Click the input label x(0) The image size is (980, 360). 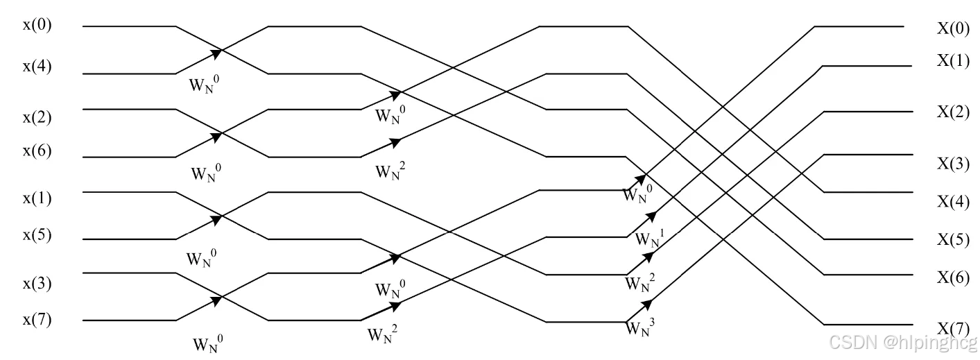[37, 26]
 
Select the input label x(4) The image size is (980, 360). [37, 67]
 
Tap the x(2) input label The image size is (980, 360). [37, 117]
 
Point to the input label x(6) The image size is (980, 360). [37, 151]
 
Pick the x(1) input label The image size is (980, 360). [37, 198]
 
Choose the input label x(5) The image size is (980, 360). [37, 235]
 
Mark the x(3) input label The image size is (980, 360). [37, 284]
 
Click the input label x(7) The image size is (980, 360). [37, 320]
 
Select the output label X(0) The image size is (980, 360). [953, 28]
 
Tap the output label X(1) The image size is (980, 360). [953, 60]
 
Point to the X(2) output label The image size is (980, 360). [953, 112]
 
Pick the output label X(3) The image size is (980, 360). [953, 164]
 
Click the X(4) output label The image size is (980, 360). [953, 202]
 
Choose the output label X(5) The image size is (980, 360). [953, 239]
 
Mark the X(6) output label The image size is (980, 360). [953, 277]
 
